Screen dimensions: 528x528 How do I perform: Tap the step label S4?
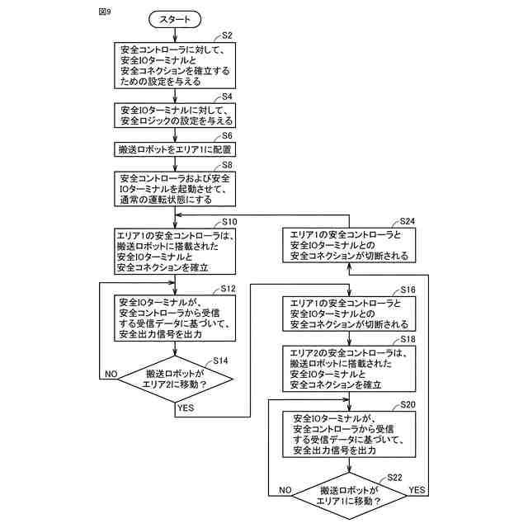click(227, 97)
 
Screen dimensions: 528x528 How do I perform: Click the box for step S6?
click(176, 150)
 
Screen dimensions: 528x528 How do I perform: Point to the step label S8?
click(227, 165)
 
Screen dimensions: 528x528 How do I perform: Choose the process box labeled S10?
click(176, 251)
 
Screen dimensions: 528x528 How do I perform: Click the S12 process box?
click(176, 318)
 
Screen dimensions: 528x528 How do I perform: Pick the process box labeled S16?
click(349, 314)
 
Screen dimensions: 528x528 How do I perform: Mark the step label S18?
click(407, 340)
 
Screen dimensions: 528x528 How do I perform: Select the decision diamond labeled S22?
click(349, 495)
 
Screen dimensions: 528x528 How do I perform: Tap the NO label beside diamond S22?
click(286, 490)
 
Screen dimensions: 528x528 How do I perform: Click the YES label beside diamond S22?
click(417, 490)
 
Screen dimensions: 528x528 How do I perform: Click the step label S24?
click(407, 222)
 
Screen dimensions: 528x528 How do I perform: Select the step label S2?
click(227, 35)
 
